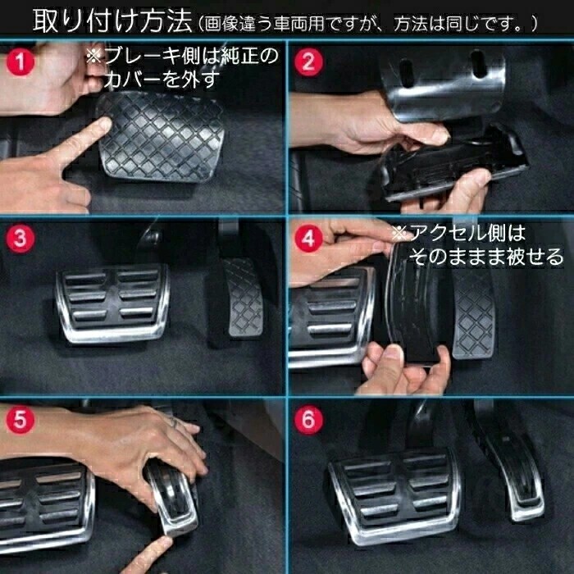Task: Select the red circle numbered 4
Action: coord(307,239)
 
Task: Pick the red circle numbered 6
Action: coord(307,421)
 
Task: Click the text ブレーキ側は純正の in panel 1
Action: coord(182,57)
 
